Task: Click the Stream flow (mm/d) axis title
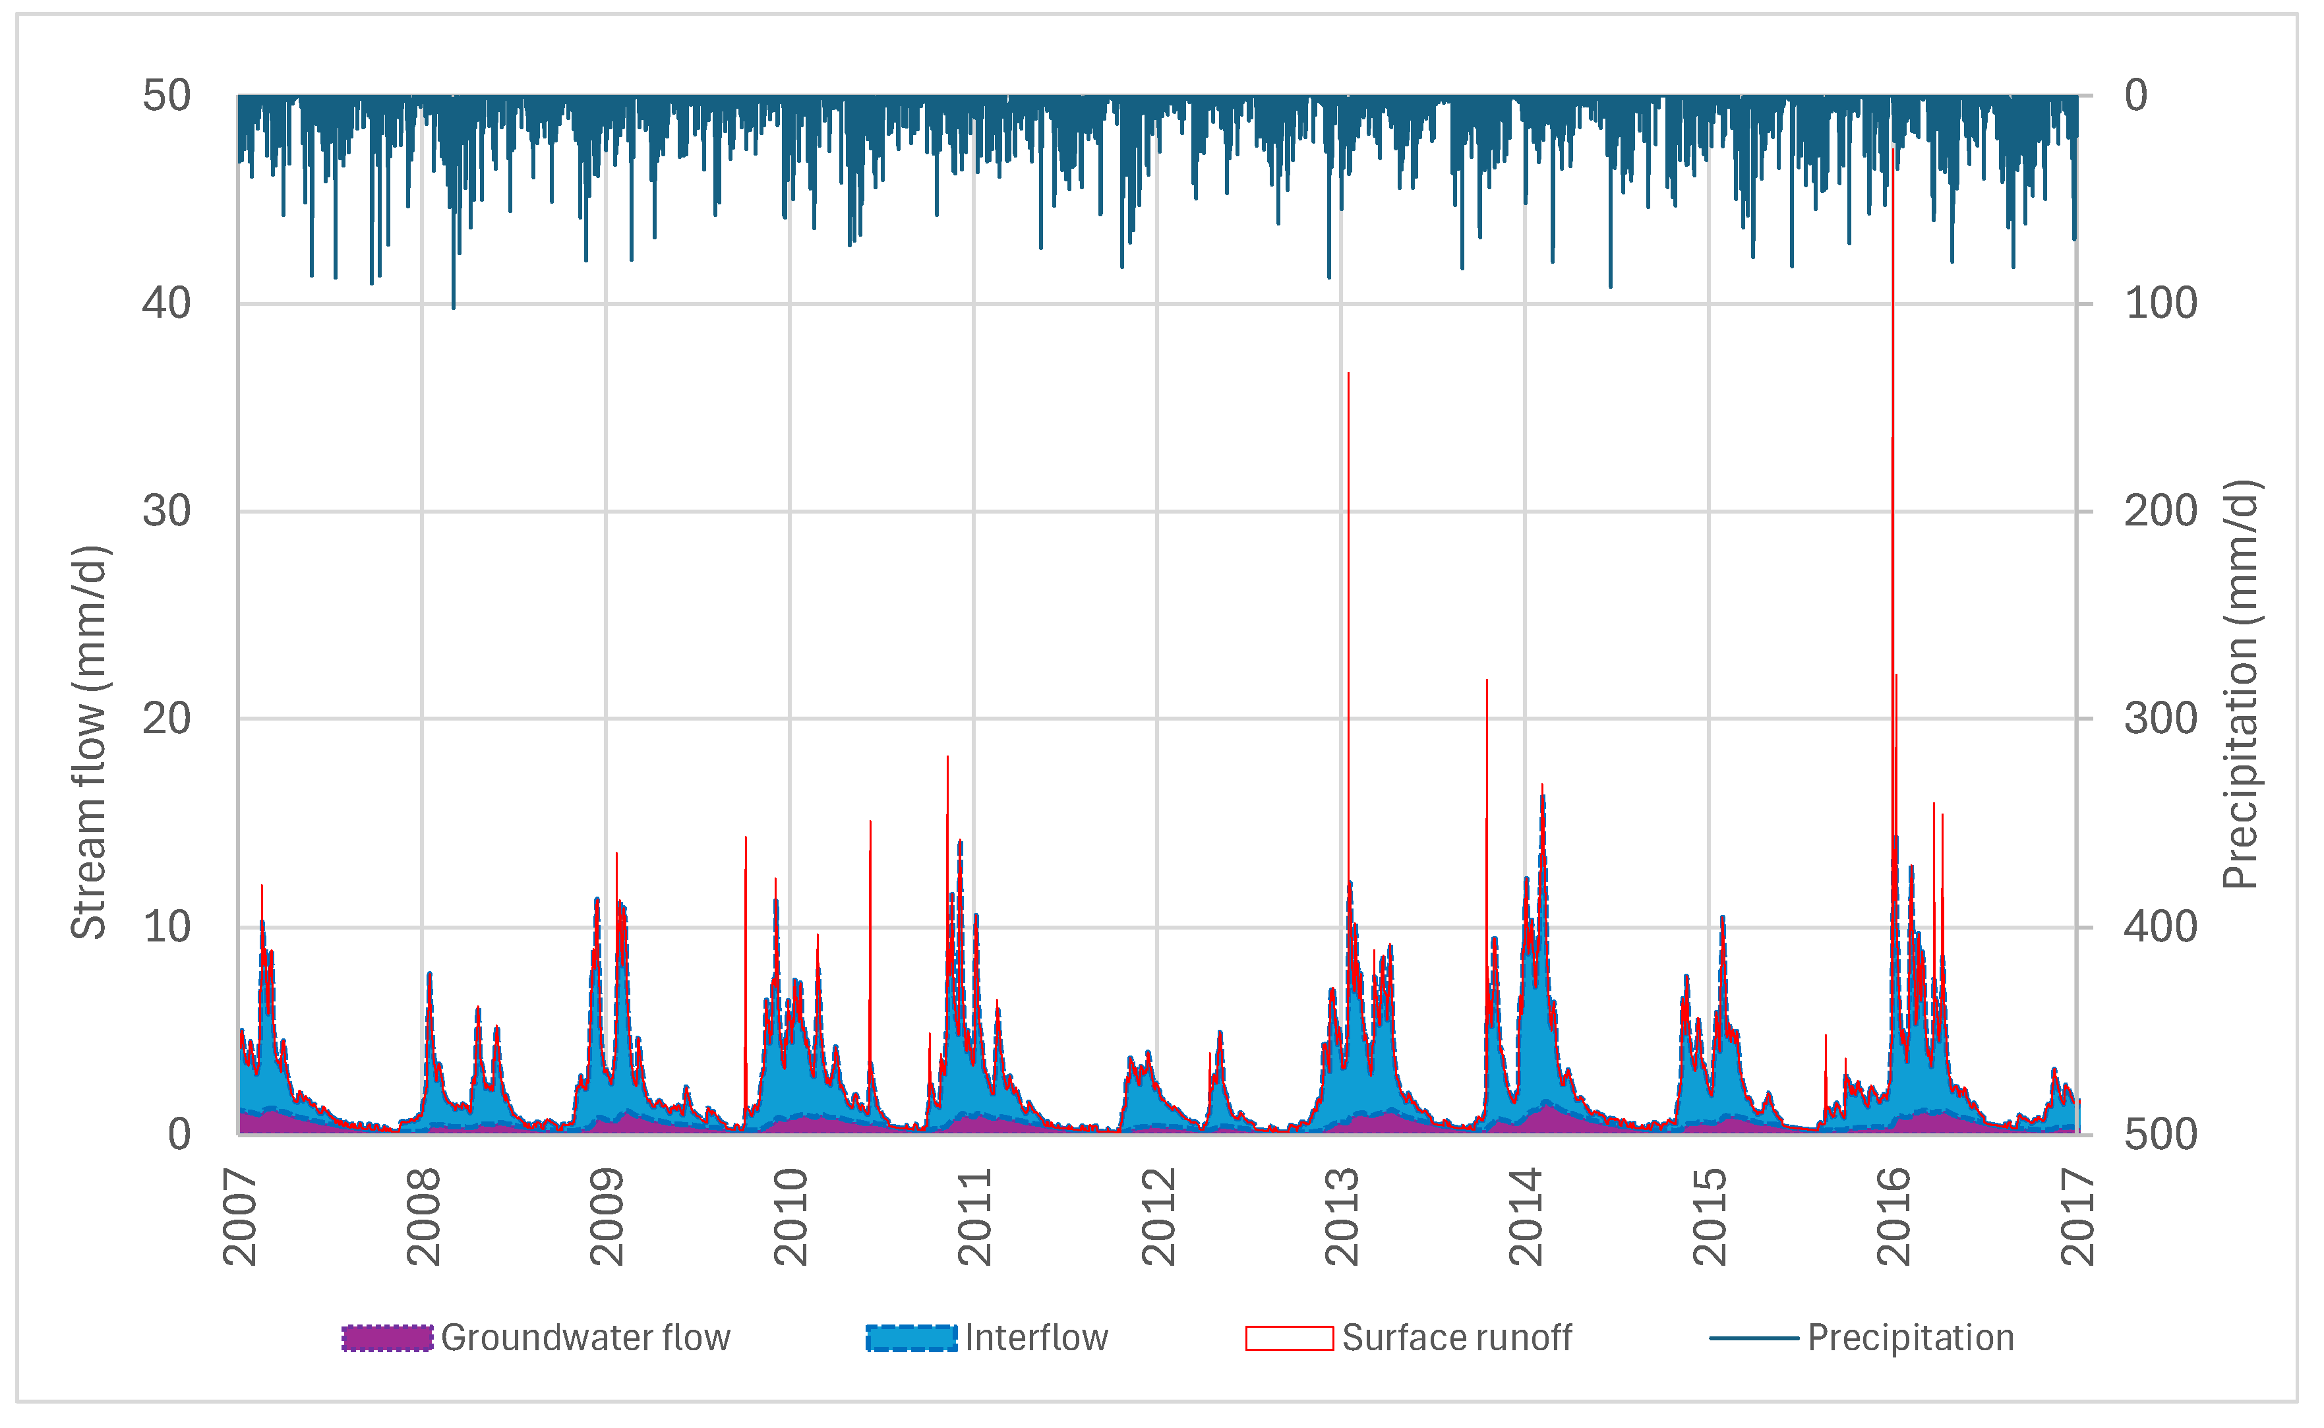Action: pos(90,742)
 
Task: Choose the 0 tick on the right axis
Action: pos(2137,96)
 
